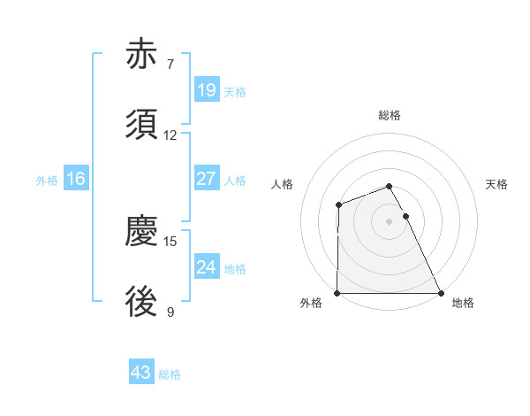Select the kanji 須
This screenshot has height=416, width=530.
pyautogui.click(x=141, y=126)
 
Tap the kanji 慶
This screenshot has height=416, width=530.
pyautogui.click(x=141, y=231)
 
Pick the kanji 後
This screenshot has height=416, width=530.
pyautogui.click(x=141, y=304)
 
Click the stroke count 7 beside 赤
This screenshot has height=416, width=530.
pyautogui.click(x=170, y=64)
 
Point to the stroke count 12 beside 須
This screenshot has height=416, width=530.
pyautogui.click(x=170, y=135)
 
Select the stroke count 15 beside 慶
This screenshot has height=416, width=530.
pyautogui.click(x=170, y=241)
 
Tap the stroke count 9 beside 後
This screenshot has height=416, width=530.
pyautogui.click(x=170, y=312)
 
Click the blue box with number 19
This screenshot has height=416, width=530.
pyautogui.click(x=206, y=89)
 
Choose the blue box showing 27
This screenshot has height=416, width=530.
pyautogui.click(x=206, y=179)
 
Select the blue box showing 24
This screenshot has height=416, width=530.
pyautogui.click(x=206, y=267)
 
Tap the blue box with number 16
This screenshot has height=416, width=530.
pyautogui.click(x=76, y=179)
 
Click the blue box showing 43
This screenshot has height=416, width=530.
pyautogui.click(x=141, y=373)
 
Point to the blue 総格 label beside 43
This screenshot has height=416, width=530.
pyautogui.click(x=170, y=374)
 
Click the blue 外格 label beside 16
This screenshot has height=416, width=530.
pyautogui.click(x=47, y=181)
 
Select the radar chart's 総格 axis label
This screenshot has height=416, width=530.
pyautogui.click(x=390, y=115)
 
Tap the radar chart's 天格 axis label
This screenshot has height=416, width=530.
pyautogui.click(x=497, y=184)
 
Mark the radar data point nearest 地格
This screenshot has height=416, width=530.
pyautogui.click(x=441, y=293)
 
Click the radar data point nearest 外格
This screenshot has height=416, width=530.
pyautogui.click(x=337, y=293)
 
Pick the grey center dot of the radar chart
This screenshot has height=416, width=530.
pyautogui.click(x=390, y=221)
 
